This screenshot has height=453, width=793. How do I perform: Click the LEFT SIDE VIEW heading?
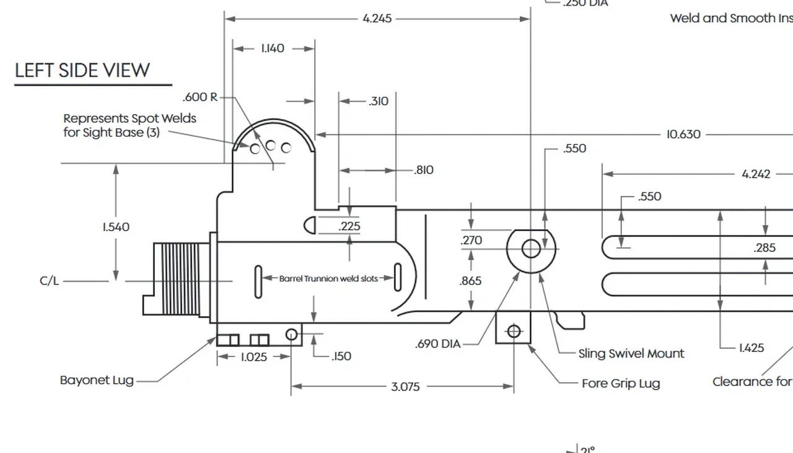(82, 70)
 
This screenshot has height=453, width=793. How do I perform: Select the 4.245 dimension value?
(377, 19)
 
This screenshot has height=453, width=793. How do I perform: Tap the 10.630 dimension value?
(683, 134)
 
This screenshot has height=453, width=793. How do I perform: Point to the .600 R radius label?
(200, 97)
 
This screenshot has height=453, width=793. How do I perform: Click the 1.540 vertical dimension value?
(116, 227)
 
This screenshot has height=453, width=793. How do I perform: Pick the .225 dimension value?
(349, 226)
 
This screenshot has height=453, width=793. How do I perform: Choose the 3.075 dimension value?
(405, 387)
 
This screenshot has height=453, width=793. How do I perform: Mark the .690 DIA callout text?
(437, 344)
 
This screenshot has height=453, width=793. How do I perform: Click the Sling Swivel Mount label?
(631, 354)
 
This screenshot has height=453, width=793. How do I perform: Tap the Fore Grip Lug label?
(621, 384)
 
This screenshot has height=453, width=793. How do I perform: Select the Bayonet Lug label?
(97, 380)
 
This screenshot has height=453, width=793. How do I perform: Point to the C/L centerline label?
(50, 281)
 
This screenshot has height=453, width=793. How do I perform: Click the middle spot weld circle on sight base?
(271, 146)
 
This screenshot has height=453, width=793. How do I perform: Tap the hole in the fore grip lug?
(514, 332)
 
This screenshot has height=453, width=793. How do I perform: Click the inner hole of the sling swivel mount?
(531, 248)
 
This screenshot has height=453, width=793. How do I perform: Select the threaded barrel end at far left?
(180, 279)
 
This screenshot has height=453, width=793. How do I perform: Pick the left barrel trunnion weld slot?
(258, 281)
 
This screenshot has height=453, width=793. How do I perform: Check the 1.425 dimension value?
(751, 348)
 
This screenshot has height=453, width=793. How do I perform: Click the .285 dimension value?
(765, 248)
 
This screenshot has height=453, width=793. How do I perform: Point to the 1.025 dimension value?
(255, 357)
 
